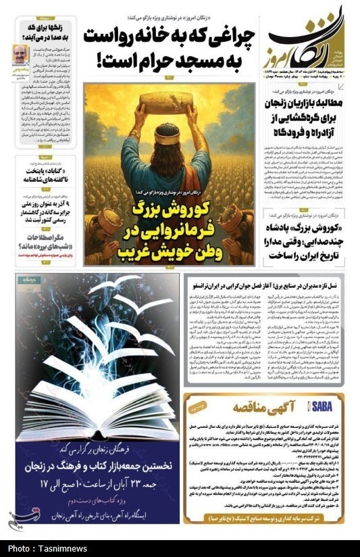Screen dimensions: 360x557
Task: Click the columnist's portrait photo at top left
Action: pyautogui.click(x=20, y=53)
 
